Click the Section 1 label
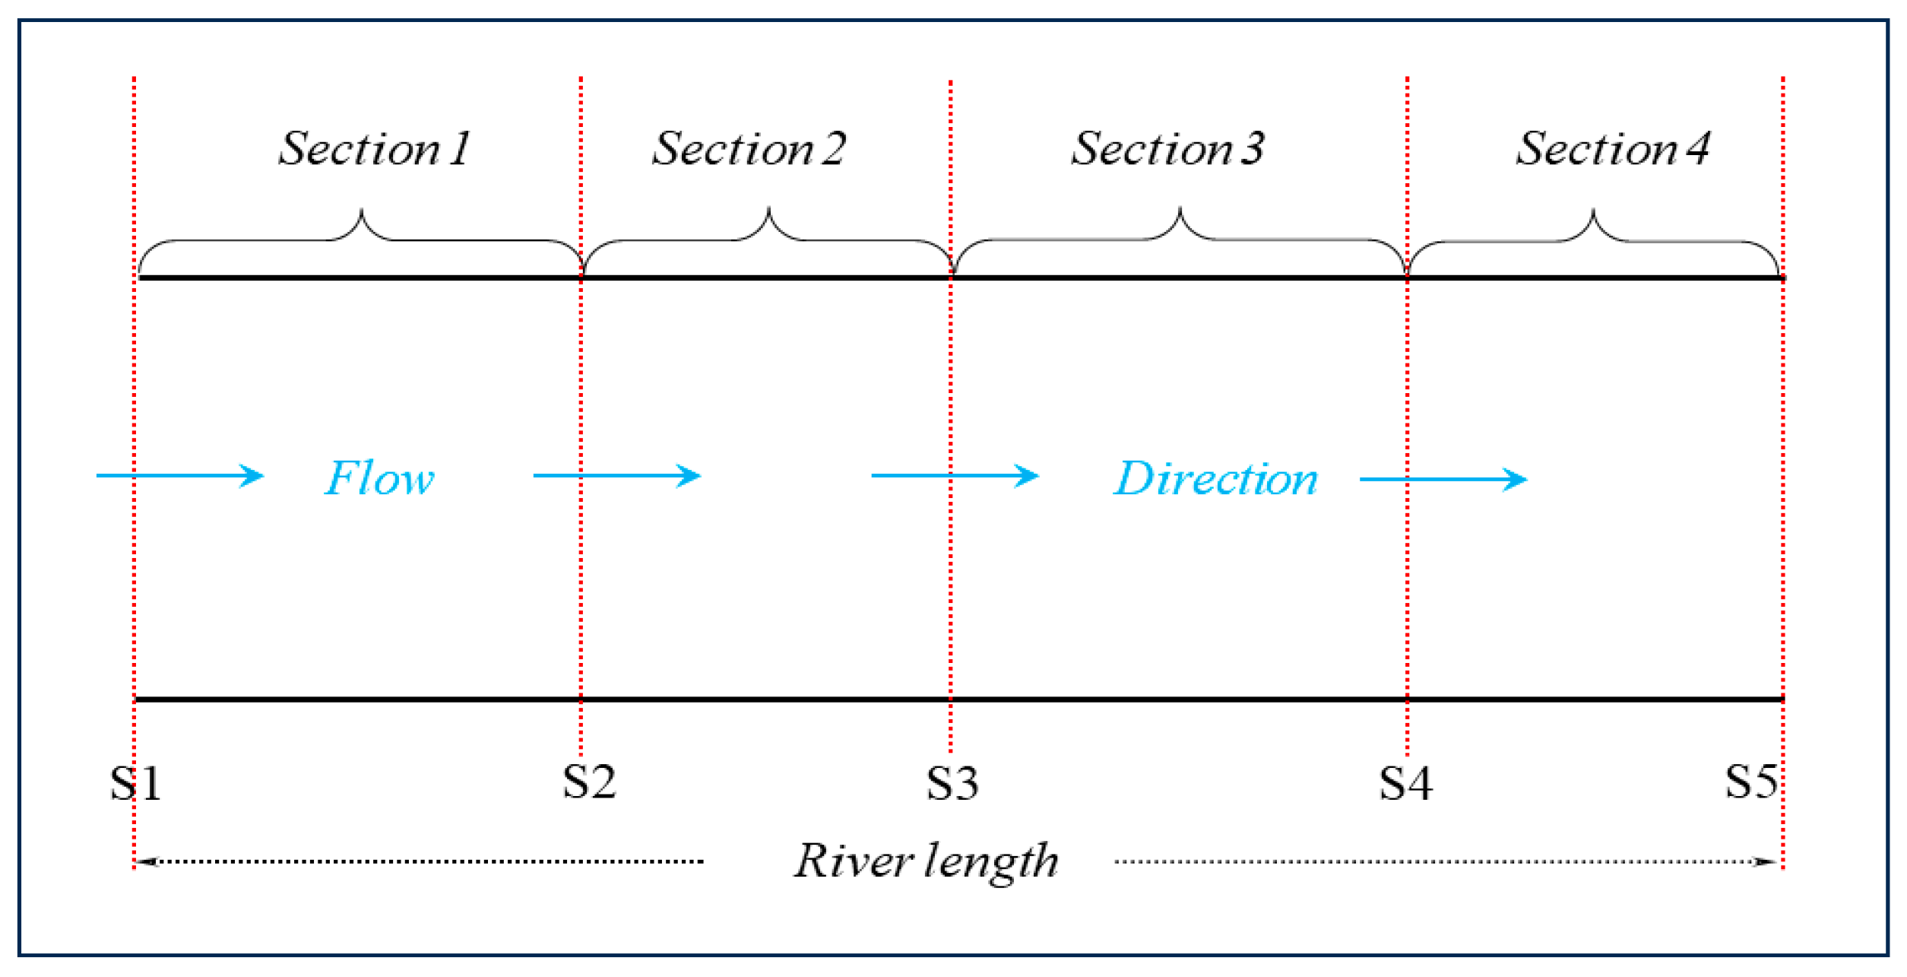pyautogui.click(x=375, y=148)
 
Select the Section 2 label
pyautogui.click(x=749, y=148)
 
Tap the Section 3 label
pyautogui.click(x=1168, y=148)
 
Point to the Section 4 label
pyautogui.click(x=1613, y=148)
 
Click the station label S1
pyautogui.click(x=136, y=784)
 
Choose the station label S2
pyautogui.click(x=589, y=782)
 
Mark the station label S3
pyautogui.click(x=952, y=784)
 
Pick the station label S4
pyautogui.click(x=1406, y=784)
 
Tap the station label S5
pyautogui.click(x=1751, y=782)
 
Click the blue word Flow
pyautogui.click(x=379, y=479)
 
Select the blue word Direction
pyautogui.click(x=1215, y=479)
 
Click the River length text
pyautogui.click(x=926, y=862)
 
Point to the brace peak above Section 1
pyautogui.click(x=361, y=210)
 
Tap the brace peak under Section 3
pyautogui.click(x=1180, y=208)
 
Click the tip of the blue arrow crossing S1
pyautogui.click(x=262, y=477)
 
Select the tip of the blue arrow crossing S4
pyautogui.click(x=1525, y=480)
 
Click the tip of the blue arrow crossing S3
pyautogui.click(x=1037, y=477)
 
